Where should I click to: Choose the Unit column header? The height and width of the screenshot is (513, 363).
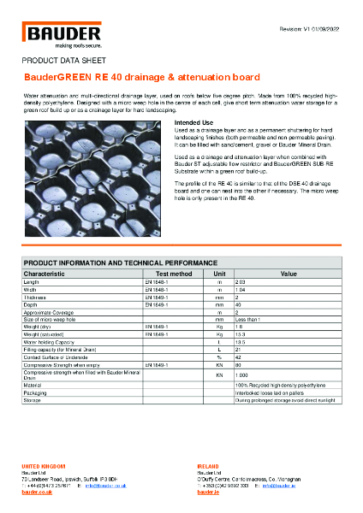(219, 273)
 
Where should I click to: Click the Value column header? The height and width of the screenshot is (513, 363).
(289, 273)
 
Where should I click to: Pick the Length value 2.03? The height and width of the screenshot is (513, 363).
(241, 280)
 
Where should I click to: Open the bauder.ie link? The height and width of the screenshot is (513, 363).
(208, 493)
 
